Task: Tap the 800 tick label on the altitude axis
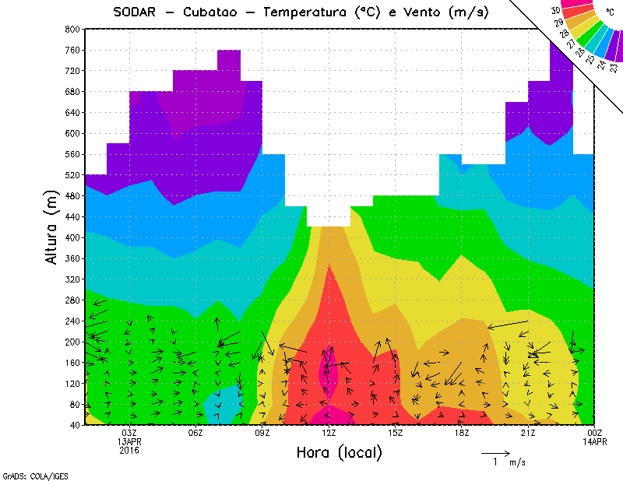[x=72, y=29]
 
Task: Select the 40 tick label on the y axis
[x=74, y=425]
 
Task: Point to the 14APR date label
[x=594, y=441]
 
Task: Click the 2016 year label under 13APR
[x=129, y=450]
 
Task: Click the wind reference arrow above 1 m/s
[x=495, y=451]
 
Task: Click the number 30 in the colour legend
[x=555, y=11]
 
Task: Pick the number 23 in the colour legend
[x=614, y=68]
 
